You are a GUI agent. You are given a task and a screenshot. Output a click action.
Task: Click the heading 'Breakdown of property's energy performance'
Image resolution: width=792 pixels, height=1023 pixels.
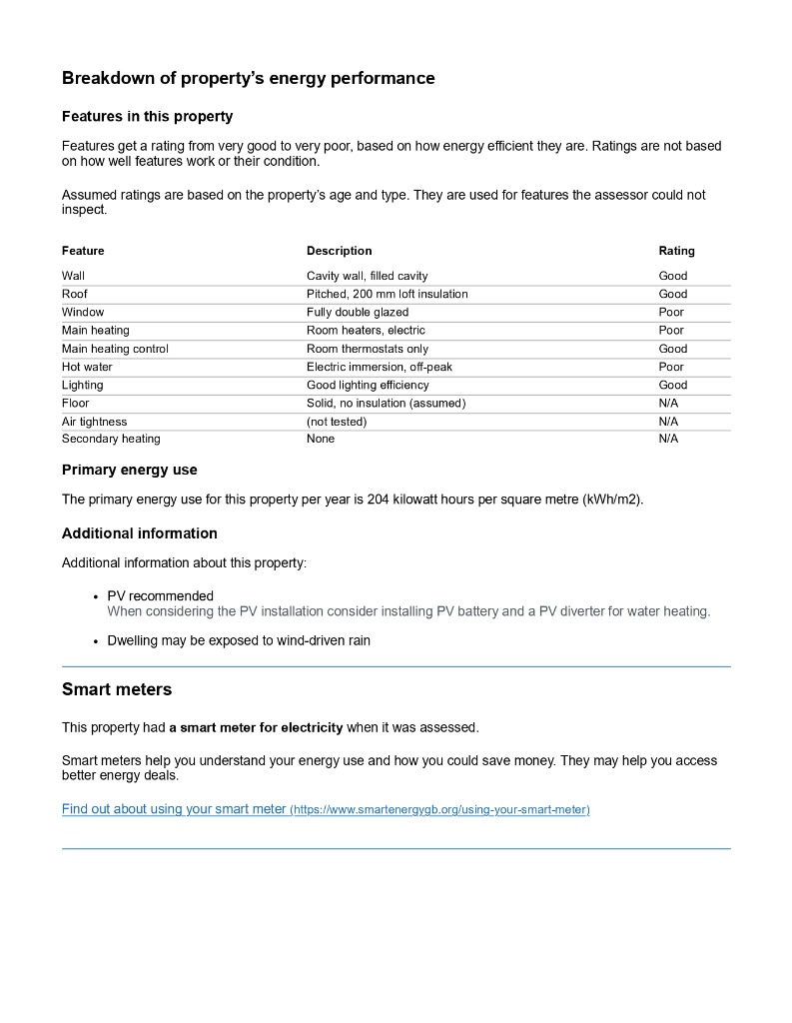[248, 78]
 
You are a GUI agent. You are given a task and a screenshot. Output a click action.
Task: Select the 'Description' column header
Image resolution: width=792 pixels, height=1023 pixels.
[339, 251]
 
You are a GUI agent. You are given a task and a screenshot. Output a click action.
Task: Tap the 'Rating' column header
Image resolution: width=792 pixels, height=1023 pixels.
[676, 251]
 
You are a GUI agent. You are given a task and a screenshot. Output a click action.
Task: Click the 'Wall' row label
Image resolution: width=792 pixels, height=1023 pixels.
[73, 276]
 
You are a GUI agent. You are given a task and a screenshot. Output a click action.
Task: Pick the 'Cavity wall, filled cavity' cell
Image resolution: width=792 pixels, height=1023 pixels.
[367, 276]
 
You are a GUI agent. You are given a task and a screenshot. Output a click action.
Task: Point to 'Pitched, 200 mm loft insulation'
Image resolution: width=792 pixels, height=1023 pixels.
[387, 294]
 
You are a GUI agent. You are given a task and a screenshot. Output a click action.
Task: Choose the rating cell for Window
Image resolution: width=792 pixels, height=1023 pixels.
[671, 312]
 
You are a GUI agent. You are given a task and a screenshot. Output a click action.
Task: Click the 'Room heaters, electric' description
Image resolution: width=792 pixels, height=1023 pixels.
[366, 330]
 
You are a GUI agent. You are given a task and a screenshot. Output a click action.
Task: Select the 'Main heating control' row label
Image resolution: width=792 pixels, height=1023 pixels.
[115, 349]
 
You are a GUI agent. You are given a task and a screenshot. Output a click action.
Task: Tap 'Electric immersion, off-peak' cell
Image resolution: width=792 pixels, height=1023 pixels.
[379, 367]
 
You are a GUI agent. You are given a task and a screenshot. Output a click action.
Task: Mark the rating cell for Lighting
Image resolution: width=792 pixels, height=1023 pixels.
[672, 385]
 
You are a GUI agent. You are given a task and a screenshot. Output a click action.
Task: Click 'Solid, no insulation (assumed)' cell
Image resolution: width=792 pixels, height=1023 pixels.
[386, 403]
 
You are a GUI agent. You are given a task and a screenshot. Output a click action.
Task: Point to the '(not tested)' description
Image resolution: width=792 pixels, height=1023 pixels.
[337, 422]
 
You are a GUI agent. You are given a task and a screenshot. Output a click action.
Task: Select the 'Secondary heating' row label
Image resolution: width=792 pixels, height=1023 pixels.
[111, 439]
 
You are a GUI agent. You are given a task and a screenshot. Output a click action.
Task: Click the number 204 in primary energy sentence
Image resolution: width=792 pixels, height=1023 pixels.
[378, 500]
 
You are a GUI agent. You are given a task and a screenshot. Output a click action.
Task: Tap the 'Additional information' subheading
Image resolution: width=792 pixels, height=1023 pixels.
[139, 533]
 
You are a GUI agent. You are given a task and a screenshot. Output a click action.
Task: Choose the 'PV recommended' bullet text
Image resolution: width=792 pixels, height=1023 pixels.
[160, 596]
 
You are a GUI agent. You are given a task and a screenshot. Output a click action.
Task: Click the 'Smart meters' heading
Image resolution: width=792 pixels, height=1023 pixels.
[116, 689]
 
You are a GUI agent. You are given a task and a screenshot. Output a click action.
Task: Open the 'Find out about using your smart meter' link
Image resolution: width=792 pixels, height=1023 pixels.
[174, 809]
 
